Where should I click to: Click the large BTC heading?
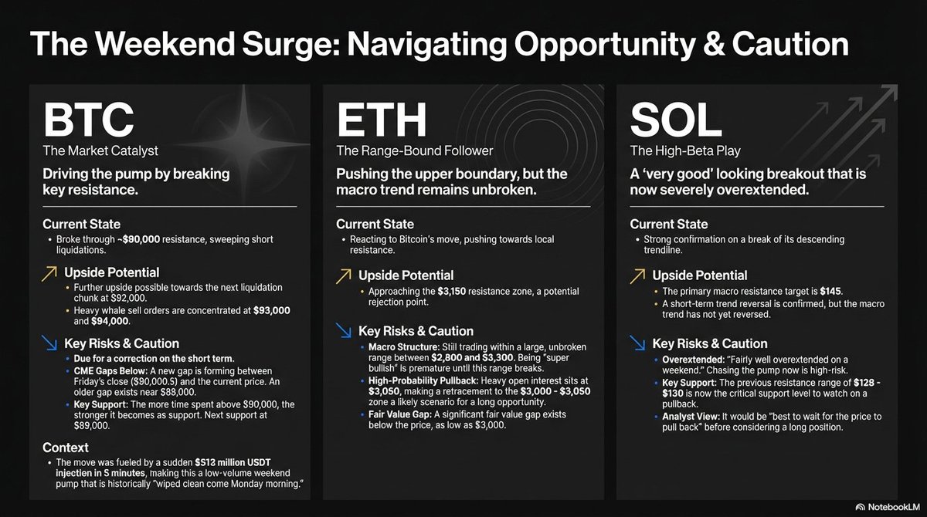pos(89,121)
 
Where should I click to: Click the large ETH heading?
pos(382,121)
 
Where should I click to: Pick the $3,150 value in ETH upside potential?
pos(451,291)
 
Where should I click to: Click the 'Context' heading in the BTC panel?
pos(66,447)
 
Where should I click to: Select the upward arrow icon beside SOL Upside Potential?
pos(637,275)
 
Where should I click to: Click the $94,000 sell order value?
pos(113,322)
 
